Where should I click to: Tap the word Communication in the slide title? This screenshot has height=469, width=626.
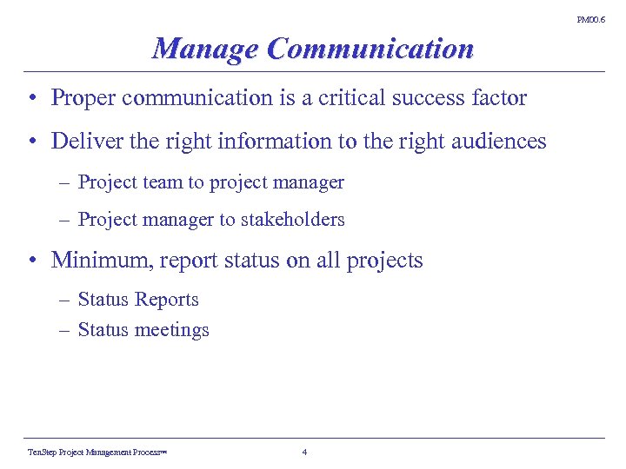[x=370, y=49]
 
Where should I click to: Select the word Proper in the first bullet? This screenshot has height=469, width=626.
[x=83, y=98]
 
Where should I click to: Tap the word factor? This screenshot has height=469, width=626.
[x=498, y=98]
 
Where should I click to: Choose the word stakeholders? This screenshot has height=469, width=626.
[x=292, y=220]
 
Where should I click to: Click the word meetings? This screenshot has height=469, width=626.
[x=174, y=331]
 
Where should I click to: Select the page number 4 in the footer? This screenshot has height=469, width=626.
[x=303, y=452]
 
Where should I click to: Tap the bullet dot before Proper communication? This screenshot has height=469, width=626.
[x=30, y=98]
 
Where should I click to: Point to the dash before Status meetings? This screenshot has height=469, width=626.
[x=66, y=330]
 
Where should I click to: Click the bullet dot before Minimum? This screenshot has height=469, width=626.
[x=30, y=261]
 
